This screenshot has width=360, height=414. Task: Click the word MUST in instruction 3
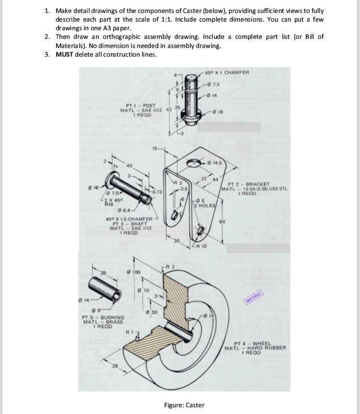click(64, 54)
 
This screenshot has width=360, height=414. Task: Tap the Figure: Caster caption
click(184, 405)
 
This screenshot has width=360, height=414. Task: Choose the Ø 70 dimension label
click(144, 290)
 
